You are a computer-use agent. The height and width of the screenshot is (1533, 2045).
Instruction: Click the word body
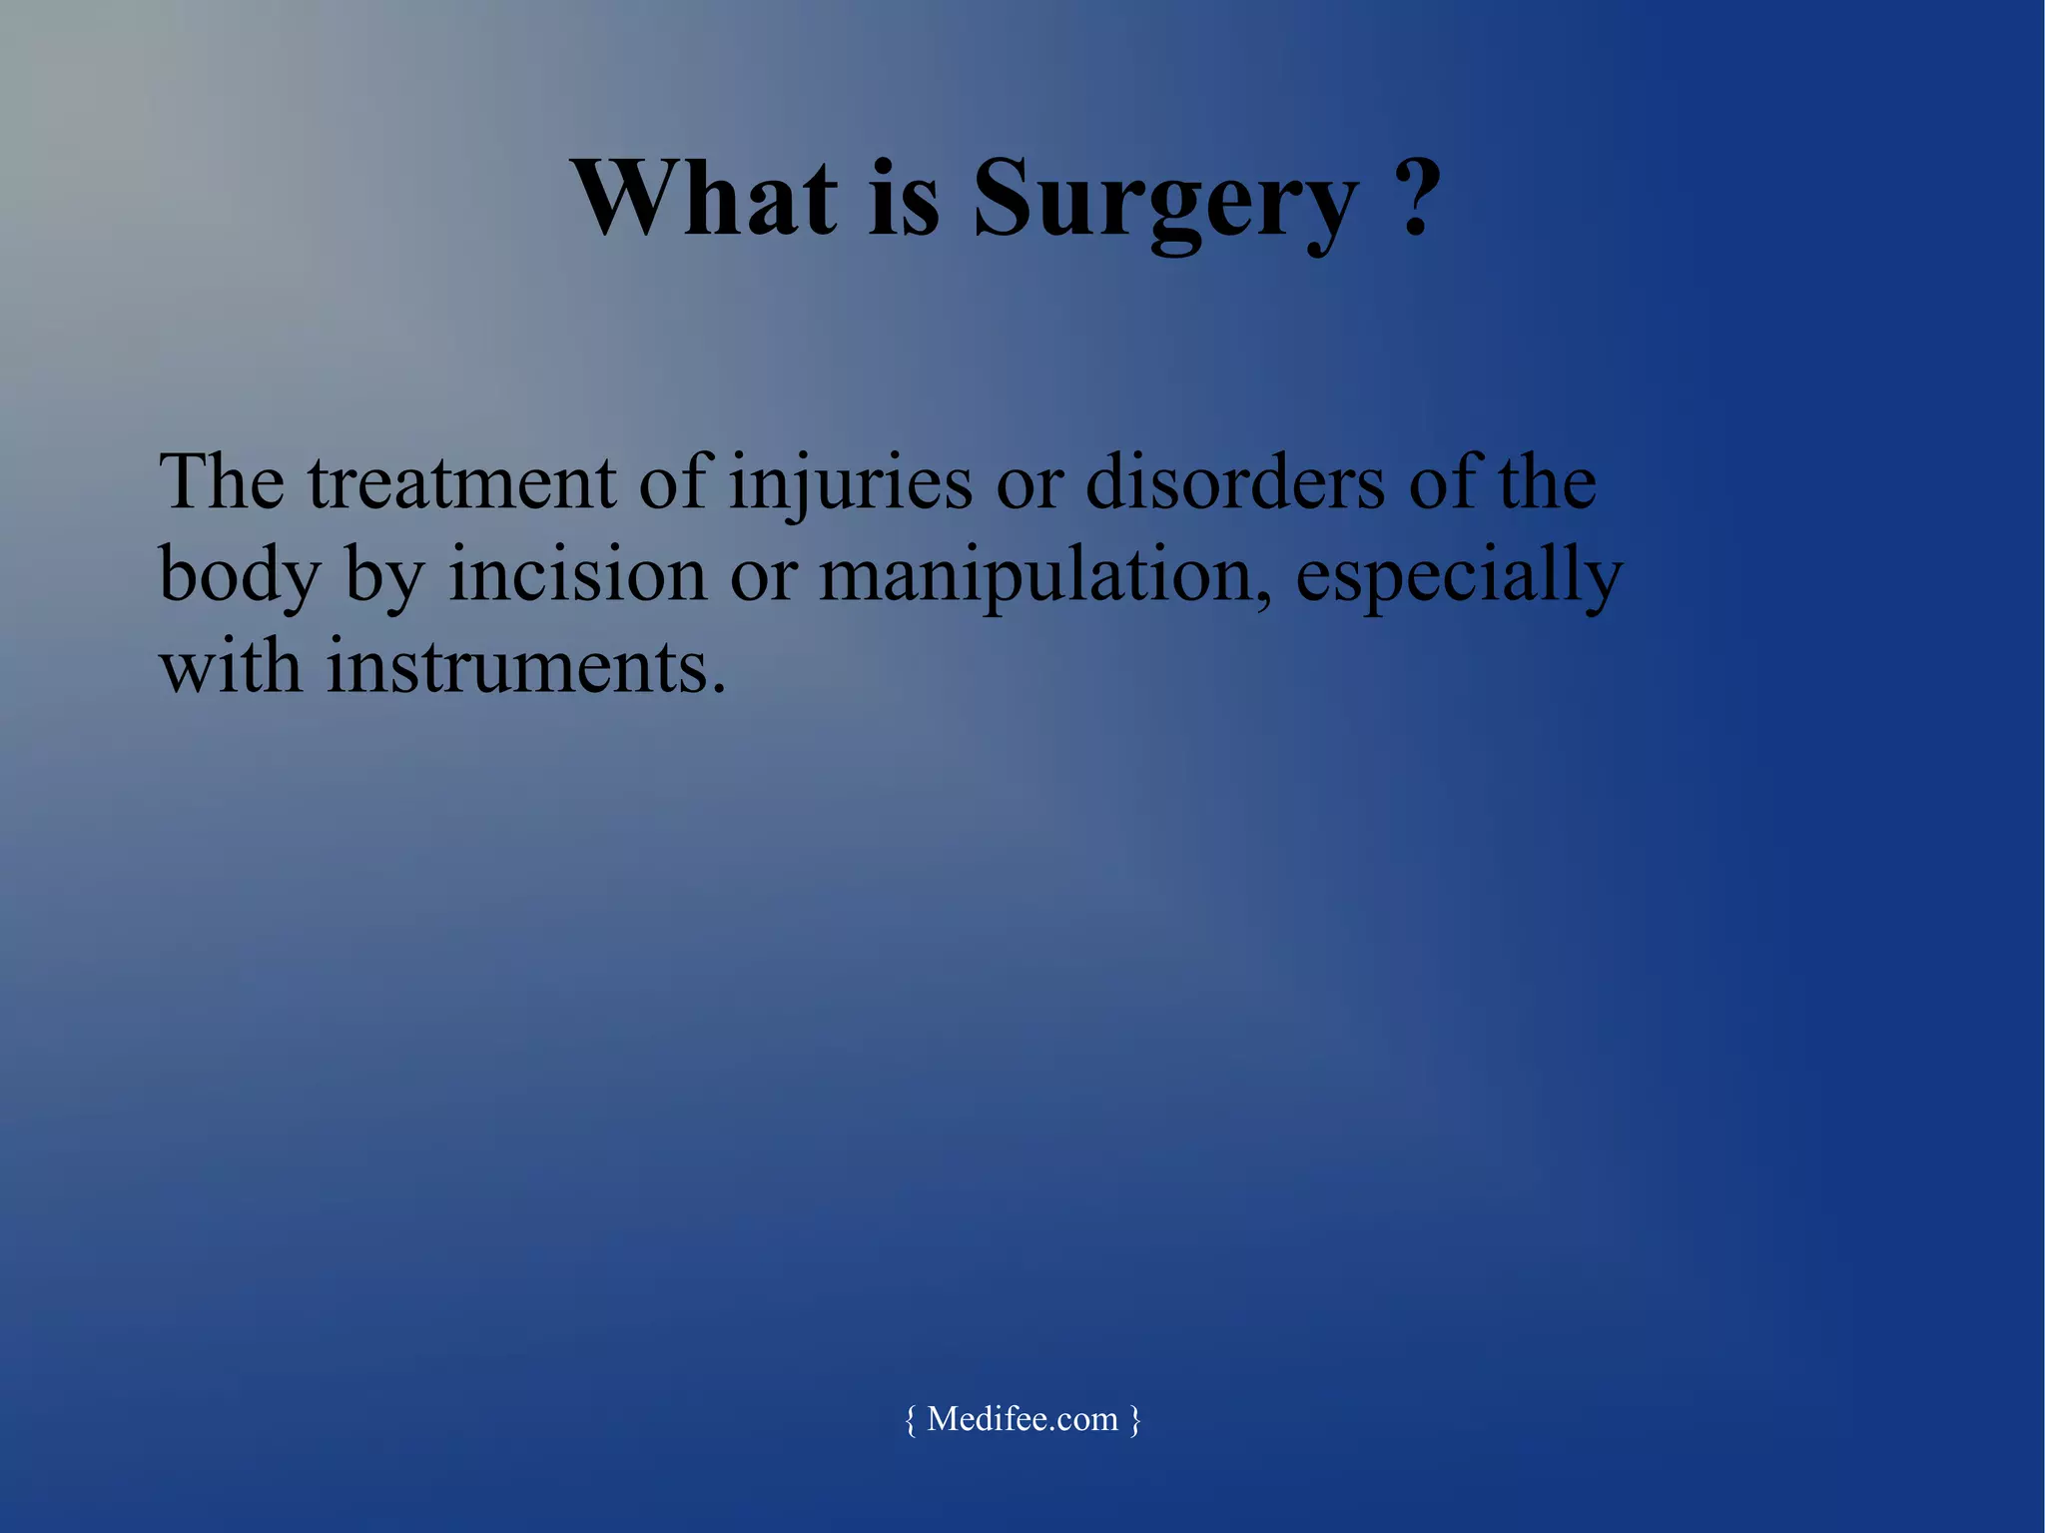click(240, 577)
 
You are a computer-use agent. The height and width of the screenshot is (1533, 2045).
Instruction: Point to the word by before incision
click(384, 579)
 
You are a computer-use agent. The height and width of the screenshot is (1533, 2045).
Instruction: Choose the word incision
click(577, 575)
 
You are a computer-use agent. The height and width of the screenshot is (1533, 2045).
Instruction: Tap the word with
click(230, 666)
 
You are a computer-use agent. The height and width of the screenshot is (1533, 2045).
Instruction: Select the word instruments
click(515, 666)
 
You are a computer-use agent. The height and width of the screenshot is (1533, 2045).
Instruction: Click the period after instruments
click(717, 690)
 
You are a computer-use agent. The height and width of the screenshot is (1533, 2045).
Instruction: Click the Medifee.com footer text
click(1022, 1419)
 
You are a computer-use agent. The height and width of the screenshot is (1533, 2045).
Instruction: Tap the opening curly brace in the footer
click(910, 1420)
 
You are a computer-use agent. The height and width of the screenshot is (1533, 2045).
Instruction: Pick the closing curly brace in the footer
click(1135, 1420)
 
